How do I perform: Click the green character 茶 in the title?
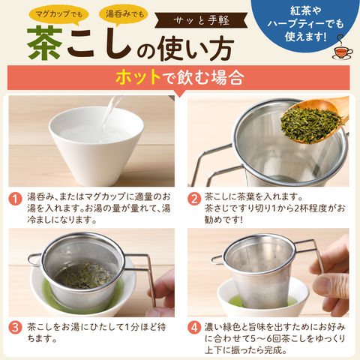pos(45,43)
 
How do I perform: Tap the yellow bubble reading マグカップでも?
pos(59,13)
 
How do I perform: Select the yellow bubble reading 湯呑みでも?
pos(124,13)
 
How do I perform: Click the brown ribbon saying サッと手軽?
pos(201,20)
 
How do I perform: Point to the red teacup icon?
pos(342,51)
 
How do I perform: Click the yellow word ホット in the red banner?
pos(138,77)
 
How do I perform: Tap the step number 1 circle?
pos(15,199)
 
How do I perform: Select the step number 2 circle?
pos(194,199)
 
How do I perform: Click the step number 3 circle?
pos(15,328)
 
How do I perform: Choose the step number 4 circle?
pos(194,328)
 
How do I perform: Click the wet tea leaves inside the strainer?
pos(85,276)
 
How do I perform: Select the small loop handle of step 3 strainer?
pos(34,260)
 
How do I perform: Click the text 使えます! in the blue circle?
pos(305,37)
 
